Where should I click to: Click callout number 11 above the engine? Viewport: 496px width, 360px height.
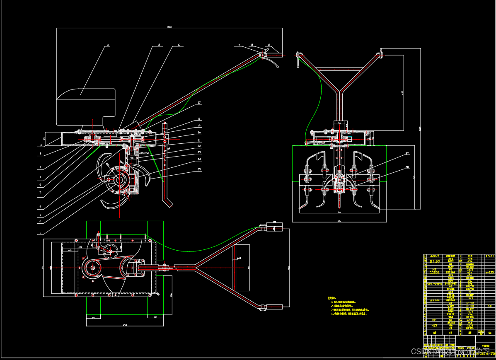pyautogui.click(x=108, y=44)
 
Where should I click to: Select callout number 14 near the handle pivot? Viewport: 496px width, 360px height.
pyautogui.click(x=239, y=44)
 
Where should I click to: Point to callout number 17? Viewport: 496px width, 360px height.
pyautogui.click(x=199, y=102)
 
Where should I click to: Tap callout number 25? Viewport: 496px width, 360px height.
pyautogui.click(x=199, y=169)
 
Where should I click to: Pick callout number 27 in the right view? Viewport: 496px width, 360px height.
pyautogui.click(x=406, y=153)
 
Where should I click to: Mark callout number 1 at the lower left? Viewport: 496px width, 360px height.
pyautogui.click(x=40, y=233)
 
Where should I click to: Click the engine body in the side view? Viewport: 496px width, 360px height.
pyautogui.click(x=86, y=107)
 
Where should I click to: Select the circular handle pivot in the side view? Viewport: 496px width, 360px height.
pyautogui.click(x=262, y=55)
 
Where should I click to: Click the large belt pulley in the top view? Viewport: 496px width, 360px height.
pyautogui.click(x=92, y=268)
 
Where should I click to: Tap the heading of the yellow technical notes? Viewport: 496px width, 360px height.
pyautogui.click(x=331, y=298)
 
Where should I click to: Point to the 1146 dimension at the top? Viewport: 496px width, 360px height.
pyautogui.click(x=169, y=27)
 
